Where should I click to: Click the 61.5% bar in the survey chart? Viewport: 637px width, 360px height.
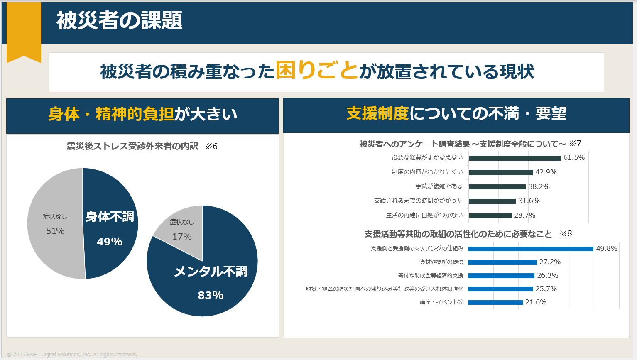(514, 158)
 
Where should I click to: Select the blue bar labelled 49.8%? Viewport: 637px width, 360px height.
(531, 249)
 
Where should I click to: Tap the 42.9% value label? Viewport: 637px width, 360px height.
(546, 172)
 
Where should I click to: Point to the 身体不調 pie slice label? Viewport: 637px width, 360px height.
(110, 216)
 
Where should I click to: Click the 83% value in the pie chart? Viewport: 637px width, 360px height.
(211, 295)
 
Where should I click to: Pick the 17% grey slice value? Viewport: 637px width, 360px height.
(182, 236)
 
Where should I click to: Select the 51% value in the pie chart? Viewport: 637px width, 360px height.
(55, 231)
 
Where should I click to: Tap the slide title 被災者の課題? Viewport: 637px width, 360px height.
(119, 20)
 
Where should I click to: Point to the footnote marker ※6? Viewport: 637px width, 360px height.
(211, 146)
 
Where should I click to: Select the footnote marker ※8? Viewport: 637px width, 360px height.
(566, 233)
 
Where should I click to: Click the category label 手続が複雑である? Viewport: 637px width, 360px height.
(439, 186)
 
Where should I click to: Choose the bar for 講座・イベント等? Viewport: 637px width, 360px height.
(495, 302)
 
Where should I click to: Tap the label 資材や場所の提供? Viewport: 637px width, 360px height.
(441, 262)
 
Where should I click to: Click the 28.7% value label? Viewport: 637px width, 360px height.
(524, 215)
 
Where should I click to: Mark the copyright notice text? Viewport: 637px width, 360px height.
(72, 354)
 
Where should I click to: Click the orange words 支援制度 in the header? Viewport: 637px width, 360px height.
(377, 113)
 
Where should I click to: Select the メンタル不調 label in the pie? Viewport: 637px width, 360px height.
(211, 271)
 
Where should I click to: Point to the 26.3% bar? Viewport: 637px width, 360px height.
(501, 276)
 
